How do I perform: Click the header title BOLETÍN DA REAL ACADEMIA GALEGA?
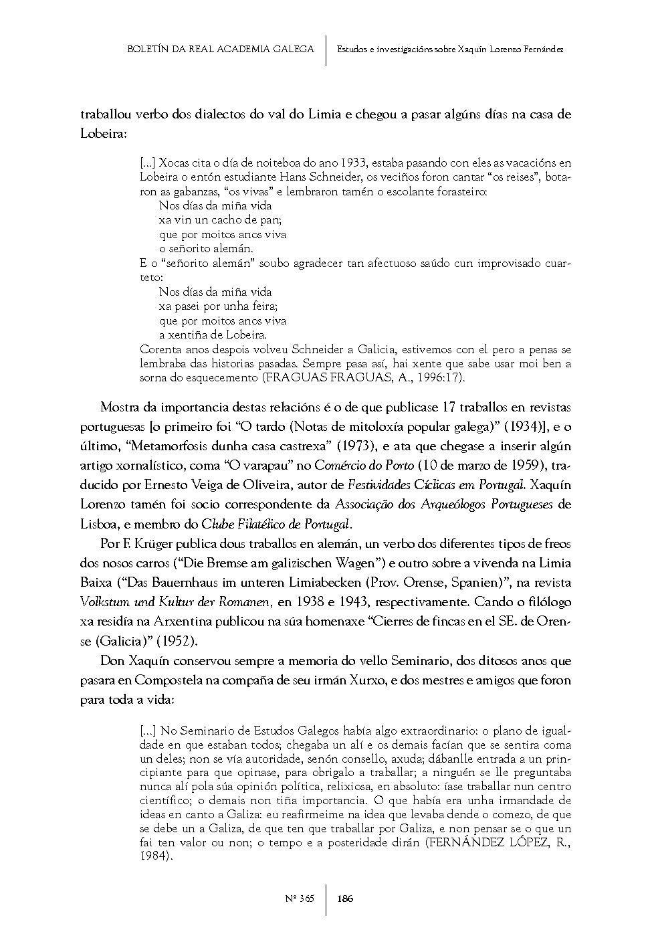click(x=220, y=49)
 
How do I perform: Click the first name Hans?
click(x=312, y=177)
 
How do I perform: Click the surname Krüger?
click(x=151, y=544)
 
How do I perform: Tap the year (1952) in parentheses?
click(x=177, y=641)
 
